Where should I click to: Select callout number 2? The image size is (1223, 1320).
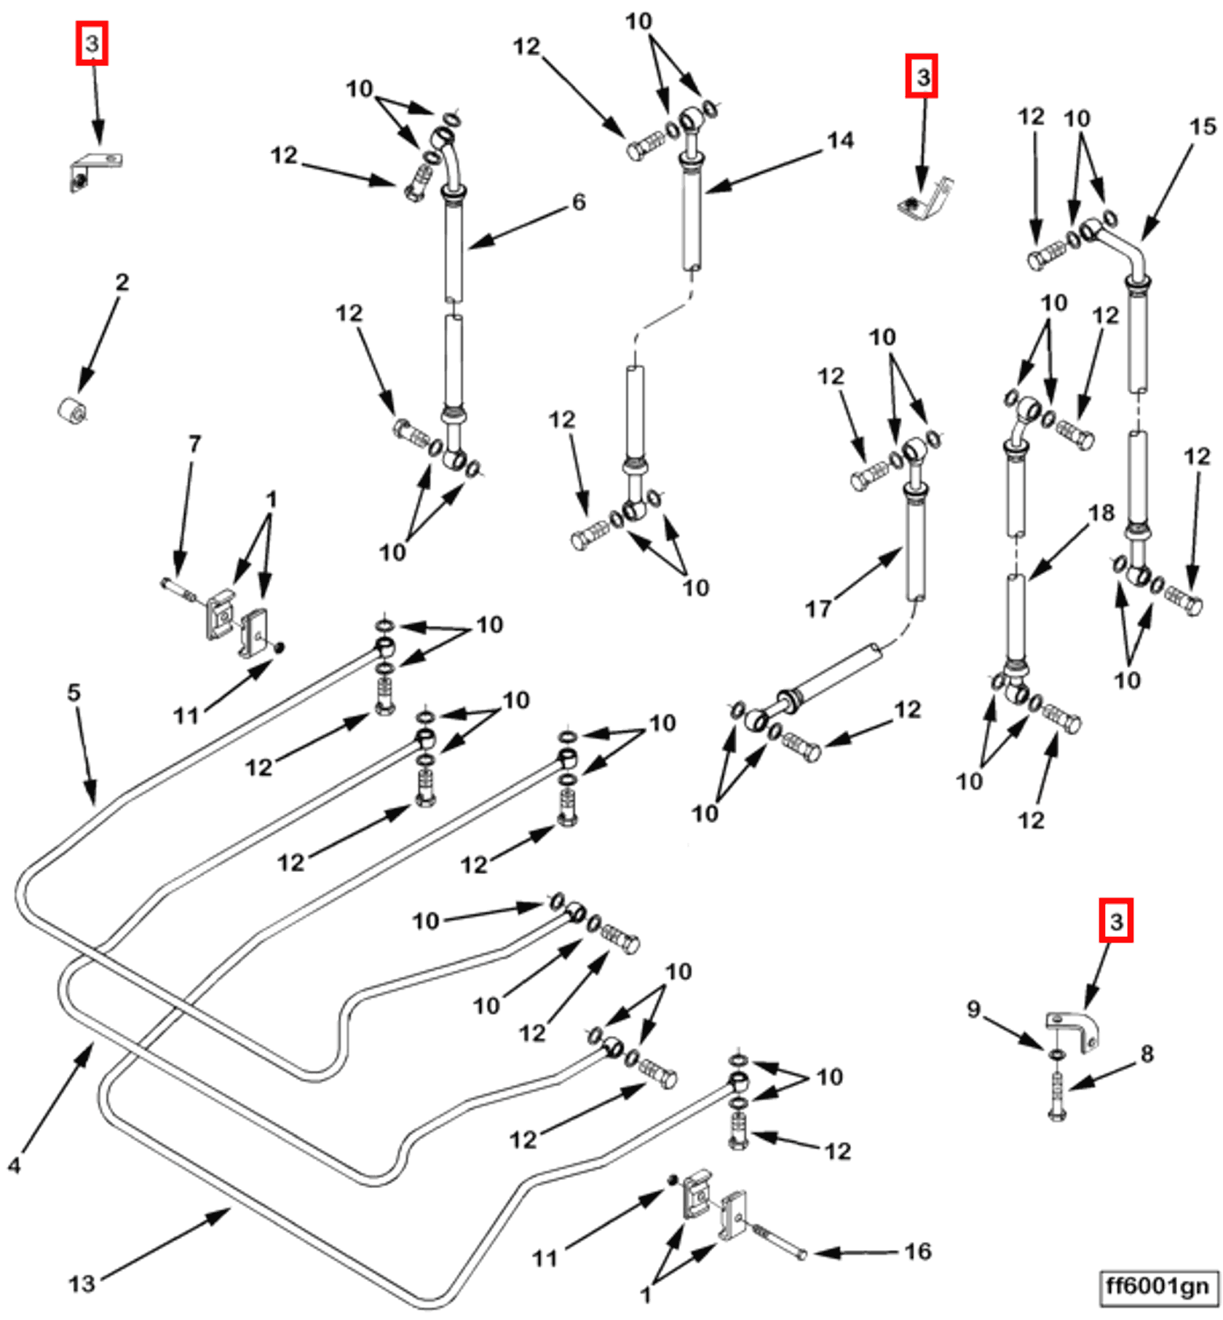point(122,282)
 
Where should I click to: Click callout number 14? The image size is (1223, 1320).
point(841,140)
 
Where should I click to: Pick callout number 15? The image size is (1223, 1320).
point(1203,127)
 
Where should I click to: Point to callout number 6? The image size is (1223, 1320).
point(579,202)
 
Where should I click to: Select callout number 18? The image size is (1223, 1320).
point(1101,513)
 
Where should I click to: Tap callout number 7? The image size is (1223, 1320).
point(194,444)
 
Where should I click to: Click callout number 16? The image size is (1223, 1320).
point(918,1252)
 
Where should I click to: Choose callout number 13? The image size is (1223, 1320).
point(82,1284)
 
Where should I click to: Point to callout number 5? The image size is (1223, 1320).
point(74,692)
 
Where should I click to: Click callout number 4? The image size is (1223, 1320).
point(15,1166)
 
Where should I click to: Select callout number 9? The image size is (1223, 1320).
point(973,1009)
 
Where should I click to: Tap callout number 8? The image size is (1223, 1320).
point(1147,1053)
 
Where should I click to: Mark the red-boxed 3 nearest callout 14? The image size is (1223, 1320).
point(922,76)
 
